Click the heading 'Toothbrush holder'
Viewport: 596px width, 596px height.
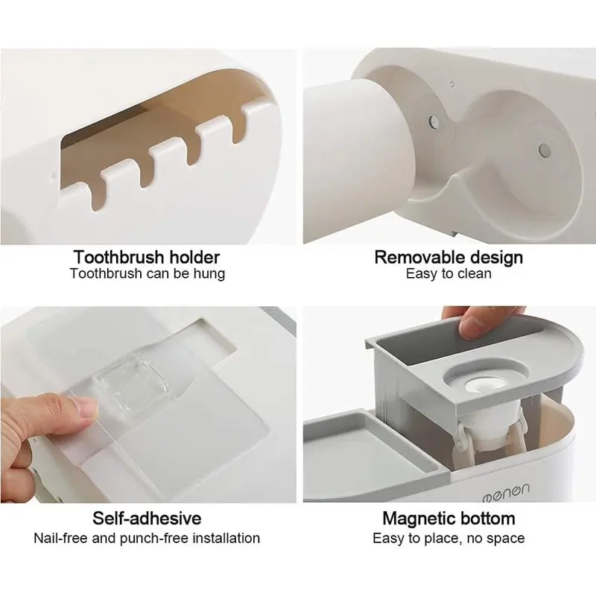(147, 257)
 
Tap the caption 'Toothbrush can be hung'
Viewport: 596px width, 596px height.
(148, 273)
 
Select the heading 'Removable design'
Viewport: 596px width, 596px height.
(448, 257)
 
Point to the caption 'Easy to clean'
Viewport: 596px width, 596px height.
(448, 273)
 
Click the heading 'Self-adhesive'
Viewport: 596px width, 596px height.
(147, 519)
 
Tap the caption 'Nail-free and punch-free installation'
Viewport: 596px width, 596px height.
(147, 538)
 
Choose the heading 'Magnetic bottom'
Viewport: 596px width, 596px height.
(448, 519)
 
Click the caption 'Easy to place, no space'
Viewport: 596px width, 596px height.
(448, 539)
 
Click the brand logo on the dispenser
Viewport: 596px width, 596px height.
(506, 492)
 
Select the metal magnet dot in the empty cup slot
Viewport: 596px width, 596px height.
(545, 150)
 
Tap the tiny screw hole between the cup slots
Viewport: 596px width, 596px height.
(451, 83)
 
